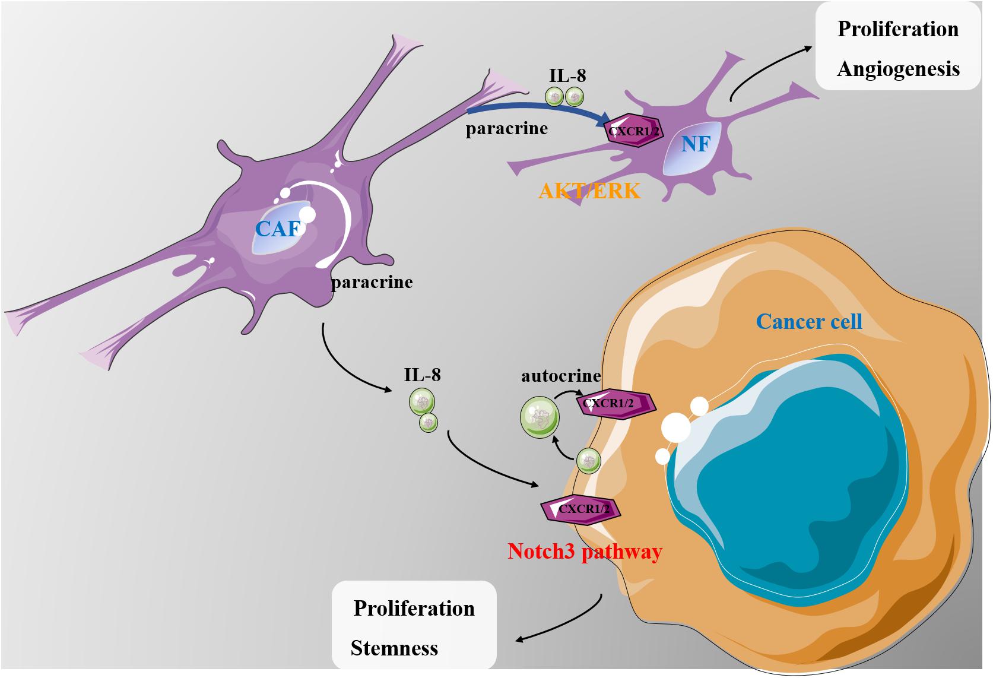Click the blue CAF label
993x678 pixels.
[x=277, y=229]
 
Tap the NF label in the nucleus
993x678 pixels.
[x=696, y=143]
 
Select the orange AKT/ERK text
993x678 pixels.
[x=589, y=191]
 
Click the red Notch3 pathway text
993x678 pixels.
[x=585, y=552]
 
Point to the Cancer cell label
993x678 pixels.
[x=809, y=321]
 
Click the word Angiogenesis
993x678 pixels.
[x=898, y=69]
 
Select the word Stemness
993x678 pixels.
[x=395, y=648]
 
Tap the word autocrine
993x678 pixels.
[x=561, y=376]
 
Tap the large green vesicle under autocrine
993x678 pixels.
[x=539, y=418]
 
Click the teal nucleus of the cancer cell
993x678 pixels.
[x=789, y=475]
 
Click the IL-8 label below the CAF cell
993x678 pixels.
[x=422, y=375]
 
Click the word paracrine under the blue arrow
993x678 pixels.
[x=506, y=129]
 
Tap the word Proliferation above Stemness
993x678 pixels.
[x=414, y=609]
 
